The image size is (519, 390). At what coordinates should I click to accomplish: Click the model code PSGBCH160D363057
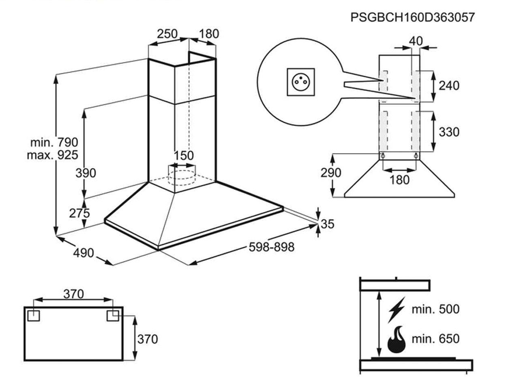click(x=412, y=17)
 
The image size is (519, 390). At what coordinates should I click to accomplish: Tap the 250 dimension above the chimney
click(x=167, y=34)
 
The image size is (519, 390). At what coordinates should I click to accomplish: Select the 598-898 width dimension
click(x=271, y=247)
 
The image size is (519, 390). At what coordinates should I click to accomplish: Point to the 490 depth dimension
click(x=84, y=253)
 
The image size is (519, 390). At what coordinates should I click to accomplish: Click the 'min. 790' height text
click(x=54, y=142)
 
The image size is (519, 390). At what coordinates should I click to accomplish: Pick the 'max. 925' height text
click(x=52, y=155)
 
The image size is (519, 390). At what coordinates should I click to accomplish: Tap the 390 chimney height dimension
click(x=86, y=173)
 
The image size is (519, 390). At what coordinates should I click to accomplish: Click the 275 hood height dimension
click(x=79, y=213)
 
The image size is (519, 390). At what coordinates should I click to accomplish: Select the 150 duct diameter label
click(x=184, y=156)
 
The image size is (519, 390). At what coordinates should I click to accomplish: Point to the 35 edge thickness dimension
click(x=328, y=224)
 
